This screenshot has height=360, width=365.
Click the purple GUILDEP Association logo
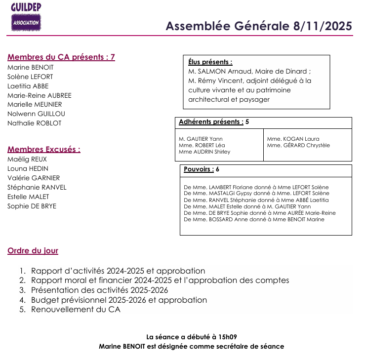coord(26,17)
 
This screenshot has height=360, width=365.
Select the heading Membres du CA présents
coord(61,57)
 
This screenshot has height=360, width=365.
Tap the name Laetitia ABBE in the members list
coord(28,86)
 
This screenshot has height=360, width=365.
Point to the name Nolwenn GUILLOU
coord(36,114)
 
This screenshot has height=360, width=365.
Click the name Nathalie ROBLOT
coord(35,123)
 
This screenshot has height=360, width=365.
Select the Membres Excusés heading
coord(44,149)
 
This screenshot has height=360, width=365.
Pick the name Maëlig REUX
coord(27,159)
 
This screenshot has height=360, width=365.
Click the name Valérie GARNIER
coord(34,178)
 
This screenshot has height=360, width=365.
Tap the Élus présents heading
coord(210,62)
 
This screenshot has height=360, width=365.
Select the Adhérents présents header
coord(211,121)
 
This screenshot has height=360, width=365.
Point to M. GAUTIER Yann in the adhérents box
coord(201,139)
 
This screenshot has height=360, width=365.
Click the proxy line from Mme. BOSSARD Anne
coord(254,219)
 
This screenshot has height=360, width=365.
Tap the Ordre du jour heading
coord(33,250)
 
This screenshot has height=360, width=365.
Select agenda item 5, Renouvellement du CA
coord(76,310)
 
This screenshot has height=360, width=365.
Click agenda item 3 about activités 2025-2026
coord(99,290)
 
